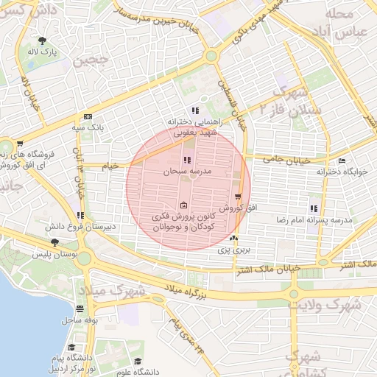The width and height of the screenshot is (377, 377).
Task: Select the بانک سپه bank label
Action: click(86, 127)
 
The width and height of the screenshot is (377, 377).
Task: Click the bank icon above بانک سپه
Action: click(88, 116)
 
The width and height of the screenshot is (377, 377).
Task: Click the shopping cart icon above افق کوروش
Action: click(237, 197)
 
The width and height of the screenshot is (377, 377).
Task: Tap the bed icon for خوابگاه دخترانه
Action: click(341, 161)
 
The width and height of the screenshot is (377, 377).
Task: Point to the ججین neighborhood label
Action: click(92, 60)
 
